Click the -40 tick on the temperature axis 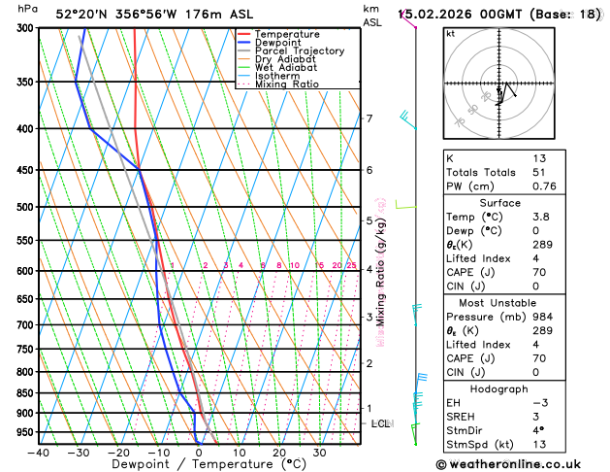tap(39, 453)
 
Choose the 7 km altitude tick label tap(369, 118)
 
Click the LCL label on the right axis tap(381, 423)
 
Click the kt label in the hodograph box tap(450, 33)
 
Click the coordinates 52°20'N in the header tap(83, 15)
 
